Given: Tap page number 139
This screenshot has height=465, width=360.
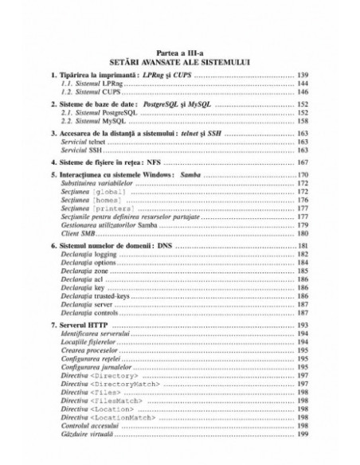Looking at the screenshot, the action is tap(303, 74).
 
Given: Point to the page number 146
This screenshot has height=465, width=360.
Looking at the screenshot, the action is tap(303, 91).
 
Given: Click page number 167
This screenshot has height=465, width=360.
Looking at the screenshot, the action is tap(303, 162).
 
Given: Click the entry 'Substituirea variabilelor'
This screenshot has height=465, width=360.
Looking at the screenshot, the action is tap(94, 183).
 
